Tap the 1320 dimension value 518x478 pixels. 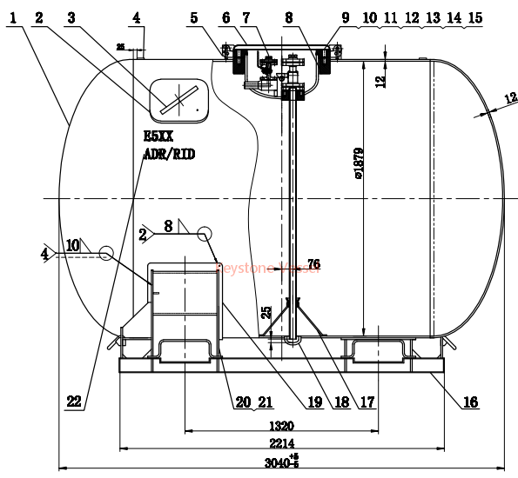point(281,426)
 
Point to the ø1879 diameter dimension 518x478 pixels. point(358,183)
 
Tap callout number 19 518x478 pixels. point(313,402)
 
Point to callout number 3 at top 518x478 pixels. point(72,17)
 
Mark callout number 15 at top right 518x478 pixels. point(474,17)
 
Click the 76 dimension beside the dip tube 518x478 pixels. point(313,263)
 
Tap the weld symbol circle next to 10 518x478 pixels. point(106,253)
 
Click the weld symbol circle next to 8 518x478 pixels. point(205,233)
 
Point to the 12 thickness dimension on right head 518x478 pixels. point(509,99)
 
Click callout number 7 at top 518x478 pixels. point(246,17)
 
